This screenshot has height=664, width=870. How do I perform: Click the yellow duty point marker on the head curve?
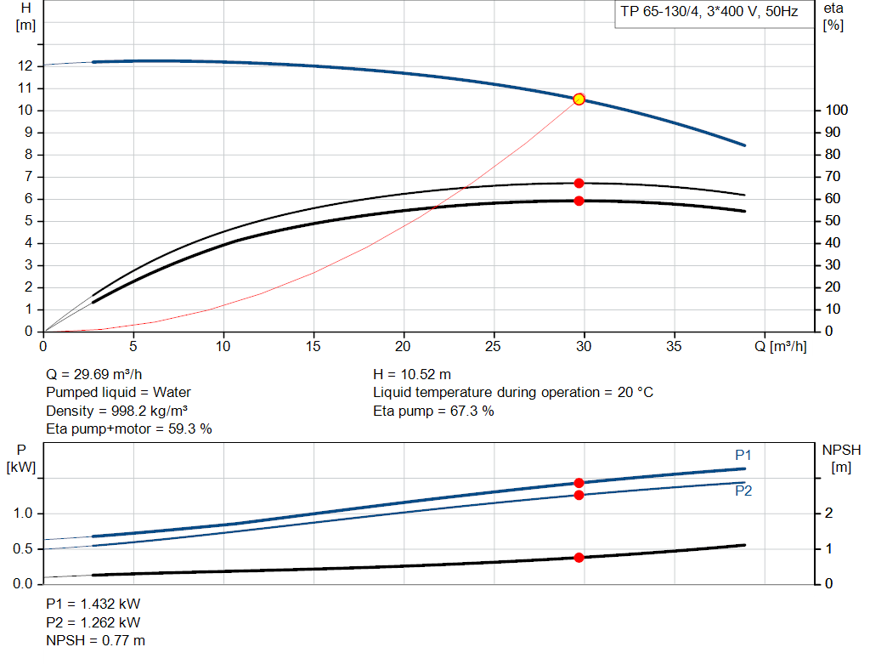click(579, 99)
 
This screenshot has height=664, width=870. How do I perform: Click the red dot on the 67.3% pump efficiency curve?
click(579, 183)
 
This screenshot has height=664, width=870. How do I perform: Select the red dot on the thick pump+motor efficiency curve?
click(579, 201)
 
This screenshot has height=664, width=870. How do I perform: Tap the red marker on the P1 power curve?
click(579, 482)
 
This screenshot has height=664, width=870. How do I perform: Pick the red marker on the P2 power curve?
click(579, 495)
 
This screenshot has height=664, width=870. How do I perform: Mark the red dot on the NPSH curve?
click(579, 558)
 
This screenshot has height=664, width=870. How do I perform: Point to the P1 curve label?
click(743, 456)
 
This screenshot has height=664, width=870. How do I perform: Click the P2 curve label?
click(743, 491)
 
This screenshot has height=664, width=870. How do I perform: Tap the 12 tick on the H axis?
click(25, 66)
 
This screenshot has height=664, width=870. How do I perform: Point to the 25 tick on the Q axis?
click(494, 347)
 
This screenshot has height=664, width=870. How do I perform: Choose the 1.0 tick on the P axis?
click(22, 514)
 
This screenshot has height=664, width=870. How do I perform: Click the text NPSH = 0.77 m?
click(95, 640)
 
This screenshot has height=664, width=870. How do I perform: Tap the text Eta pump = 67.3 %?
click(433, 411)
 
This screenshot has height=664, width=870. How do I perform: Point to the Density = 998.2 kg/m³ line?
click(117, 411)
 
